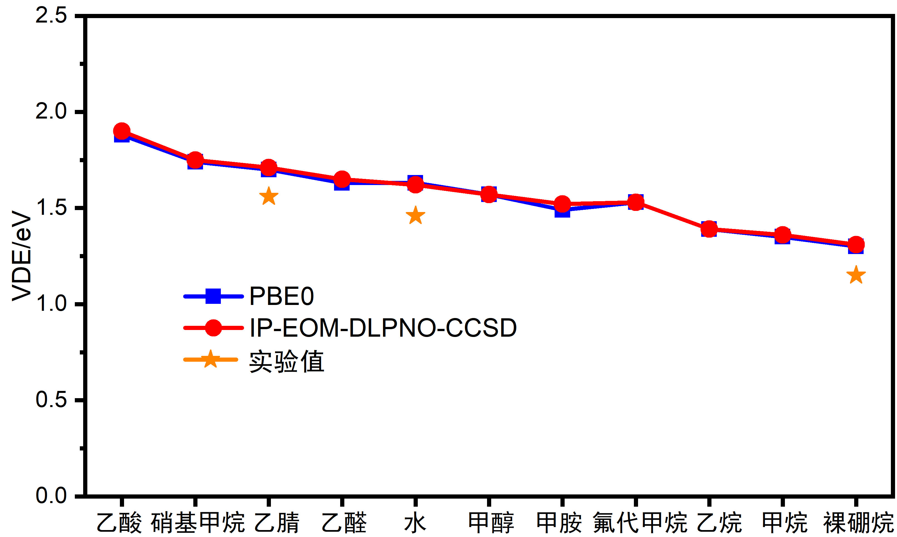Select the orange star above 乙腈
269,196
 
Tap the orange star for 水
415,216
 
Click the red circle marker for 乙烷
709,229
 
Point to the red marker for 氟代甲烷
636,202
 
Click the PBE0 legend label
281,296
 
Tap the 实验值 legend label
286,361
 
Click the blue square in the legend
213,296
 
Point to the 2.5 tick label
51,16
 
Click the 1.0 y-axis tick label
51,303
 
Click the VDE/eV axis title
22,255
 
